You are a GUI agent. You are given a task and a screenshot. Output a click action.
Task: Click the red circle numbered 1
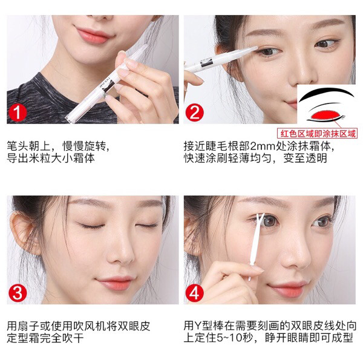tap(18, 113)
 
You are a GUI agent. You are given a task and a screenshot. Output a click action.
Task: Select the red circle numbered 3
tap(19, 293)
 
